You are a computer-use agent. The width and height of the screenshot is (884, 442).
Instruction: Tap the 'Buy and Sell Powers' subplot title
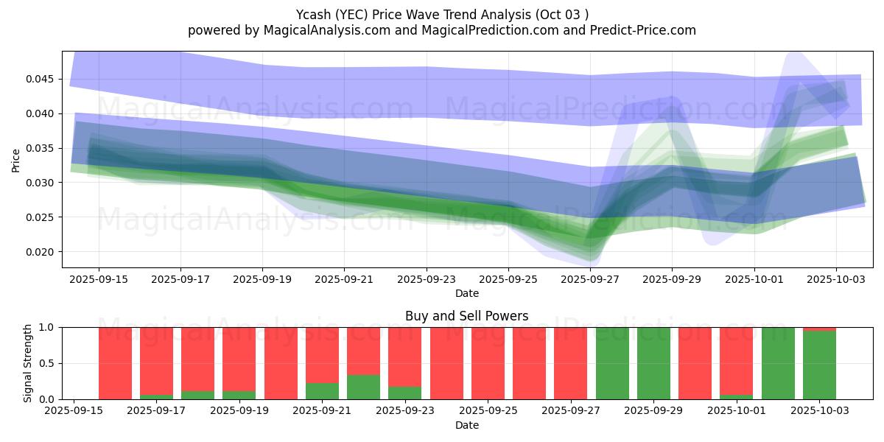(466, 316)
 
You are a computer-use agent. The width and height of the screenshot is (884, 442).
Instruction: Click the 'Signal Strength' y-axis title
(28, 363)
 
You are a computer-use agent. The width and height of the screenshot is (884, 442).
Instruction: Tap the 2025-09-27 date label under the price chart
(590, 280)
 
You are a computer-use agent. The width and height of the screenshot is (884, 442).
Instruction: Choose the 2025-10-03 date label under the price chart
(835, 280)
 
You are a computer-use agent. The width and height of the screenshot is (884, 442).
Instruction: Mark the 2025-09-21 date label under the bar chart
(322, 411)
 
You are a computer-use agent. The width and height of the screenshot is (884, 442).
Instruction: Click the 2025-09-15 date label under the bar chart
(74, 411)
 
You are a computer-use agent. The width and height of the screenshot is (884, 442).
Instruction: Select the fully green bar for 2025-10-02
(778, 363)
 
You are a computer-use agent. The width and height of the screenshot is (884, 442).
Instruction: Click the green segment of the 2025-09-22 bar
(363, 387)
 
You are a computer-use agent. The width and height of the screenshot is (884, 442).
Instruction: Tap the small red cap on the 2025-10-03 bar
(819, 329)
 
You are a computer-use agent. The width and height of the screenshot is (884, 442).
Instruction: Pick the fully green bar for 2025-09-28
(612, 363)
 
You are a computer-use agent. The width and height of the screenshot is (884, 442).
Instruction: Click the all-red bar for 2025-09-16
(115, 363)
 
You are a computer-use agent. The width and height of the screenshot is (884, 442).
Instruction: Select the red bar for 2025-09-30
(695, 363)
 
